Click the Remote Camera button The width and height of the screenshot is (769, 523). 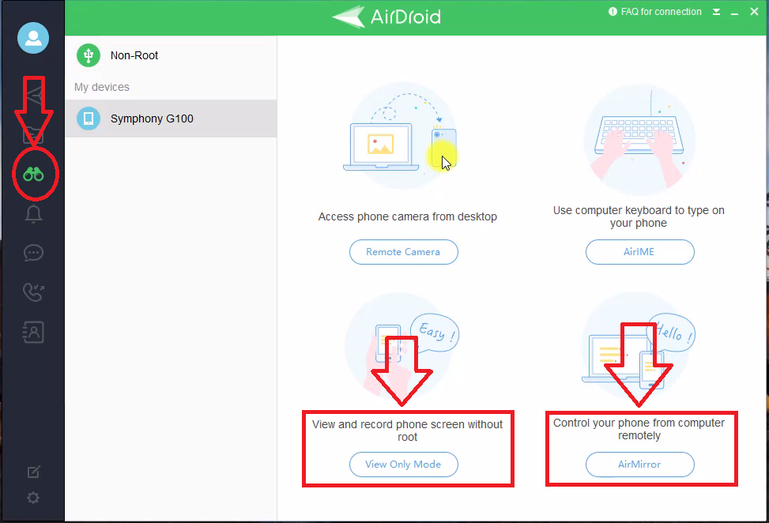pyautogui.click(x=403, y=252)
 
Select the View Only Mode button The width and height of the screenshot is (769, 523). pyautogui.click(x=403, y=465)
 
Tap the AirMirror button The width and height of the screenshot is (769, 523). pyautogui.click(x=639, y=465)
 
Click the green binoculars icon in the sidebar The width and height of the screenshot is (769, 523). pyautogui.click(x=33, y=174)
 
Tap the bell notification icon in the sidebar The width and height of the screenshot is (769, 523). pyautogui.click(x=33, y=214)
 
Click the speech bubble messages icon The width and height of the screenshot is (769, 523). pyautogui.click(x=33, y=253)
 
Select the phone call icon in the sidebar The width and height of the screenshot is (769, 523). pyautogui.click(x=33, y=292)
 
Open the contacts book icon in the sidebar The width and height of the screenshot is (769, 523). pyautogui.click(x=33, y=332)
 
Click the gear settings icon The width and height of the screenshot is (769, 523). pyautogui.click(x=33, y=498)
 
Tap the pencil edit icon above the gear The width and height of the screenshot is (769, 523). pyautogui.click(x=33, y=472)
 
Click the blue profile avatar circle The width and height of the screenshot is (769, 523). pyautogui.click(x=33, y=38)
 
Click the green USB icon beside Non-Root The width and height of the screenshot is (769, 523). pyautogui.click(x=89, y=55)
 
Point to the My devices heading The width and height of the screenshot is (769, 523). pyautogui.click(x=102, y=87)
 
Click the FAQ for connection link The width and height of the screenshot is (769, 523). pyautogui.click(x=655, y=12)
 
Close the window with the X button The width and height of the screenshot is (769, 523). pyautogui.click(x=754, y=11)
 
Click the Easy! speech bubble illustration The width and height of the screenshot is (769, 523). pyautogui.click(x=435, y=333)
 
